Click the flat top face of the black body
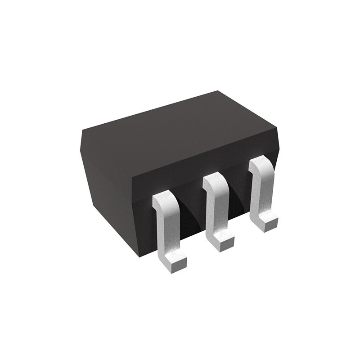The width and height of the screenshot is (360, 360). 180,130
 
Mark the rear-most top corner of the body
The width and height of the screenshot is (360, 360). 218,91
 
